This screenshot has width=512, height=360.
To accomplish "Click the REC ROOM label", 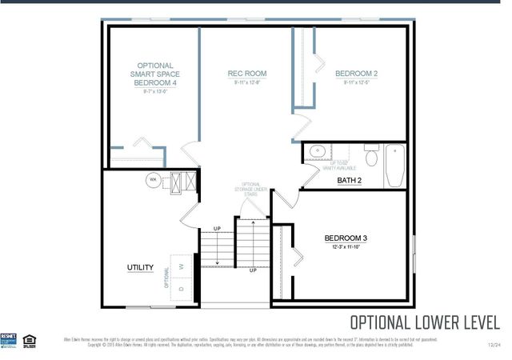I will click(x=247, y=74).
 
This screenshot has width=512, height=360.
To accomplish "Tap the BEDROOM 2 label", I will click(x=356, y=74).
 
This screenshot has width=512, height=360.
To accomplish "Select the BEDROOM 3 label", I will click(x=346, y=238).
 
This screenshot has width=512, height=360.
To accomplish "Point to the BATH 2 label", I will click(x=349, y=181).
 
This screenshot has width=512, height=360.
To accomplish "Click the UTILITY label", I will click(x=140, y=267).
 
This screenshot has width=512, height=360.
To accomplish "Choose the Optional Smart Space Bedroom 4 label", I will click(x=155, y=74).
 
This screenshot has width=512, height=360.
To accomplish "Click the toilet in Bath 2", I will click(x=370, y=152).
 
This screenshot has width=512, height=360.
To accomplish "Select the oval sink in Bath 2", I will click(x=316, y=150).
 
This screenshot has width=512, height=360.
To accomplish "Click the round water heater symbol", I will click(x=152, y=181).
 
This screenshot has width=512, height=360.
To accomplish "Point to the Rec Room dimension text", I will click(x=247, y=82).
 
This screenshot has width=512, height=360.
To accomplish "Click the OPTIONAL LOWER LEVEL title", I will click(x=425, y=322).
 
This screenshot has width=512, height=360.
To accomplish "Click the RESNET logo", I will click(x=10, y=339).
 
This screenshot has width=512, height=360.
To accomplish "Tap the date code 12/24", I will click(x=494, y=345).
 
